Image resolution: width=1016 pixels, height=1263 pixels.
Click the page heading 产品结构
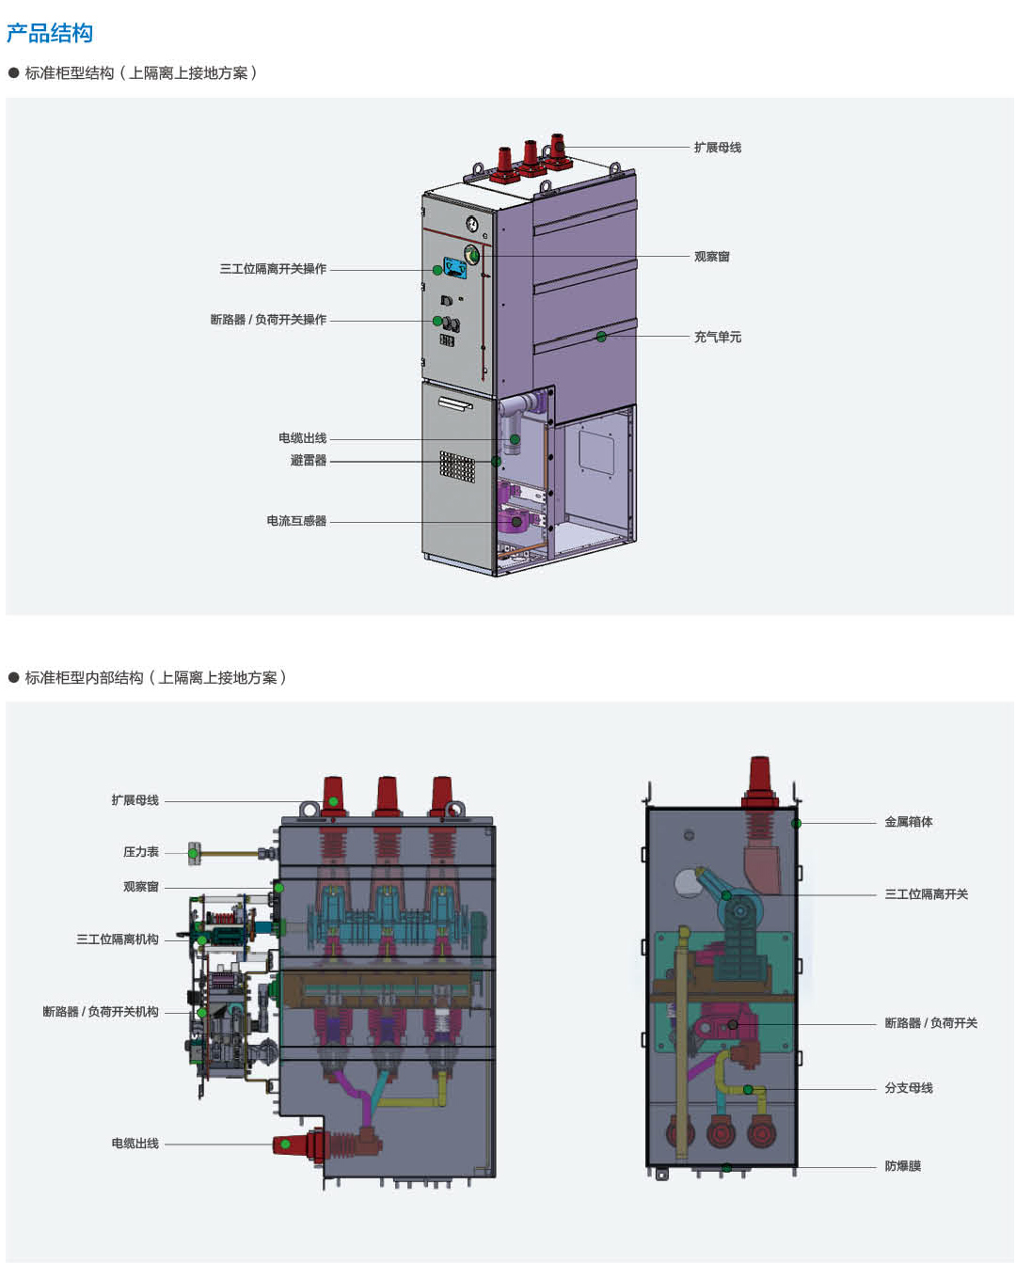[x=50, y=34]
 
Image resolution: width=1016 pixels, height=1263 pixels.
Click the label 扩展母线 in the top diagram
[x=717, y=148]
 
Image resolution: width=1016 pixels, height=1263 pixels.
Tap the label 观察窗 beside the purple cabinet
[x=711, y=257]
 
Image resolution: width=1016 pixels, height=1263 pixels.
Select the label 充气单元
[x=717, y=337]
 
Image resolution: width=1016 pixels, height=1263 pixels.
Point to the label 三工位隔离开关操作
[x=273, y=269]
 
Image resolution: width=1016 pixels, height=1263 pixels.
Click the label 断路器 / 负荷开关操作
[x=268, y=320]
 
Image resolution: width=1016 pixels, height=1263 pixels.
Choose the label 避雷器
[x=309, y=461]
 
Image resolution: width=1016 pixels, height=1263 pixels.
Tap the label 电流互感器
[x=296, y=521]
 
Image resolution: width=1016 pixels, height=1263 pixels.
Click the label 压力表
[x=141, y=852]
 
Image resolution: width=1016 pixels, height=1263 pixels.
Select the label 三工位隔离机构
[x=118, y=939]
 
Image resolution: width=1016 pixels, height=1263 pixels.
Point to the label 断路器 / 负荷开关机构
[x=101, y=1012]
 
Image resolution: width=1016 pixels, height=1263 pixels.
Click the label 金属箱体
[x=908, y=822]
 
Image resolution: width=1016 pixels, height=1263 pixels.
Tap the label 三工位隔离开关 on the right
[x=926, y=894]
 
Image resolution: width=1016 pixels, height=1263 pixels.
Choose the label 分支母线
[x=908, y=1088]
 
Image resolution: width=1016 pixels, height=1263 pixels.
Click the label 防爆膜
[x=902, y=1166]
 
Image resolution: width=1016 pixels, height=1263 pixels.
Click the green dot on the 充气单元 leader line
[x=601, y=337]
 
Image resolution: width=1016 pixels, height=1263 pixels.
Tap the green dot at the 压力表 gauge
[x=193, y=854]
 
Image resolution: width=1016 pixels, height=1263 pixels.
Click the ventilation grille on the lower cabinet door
[x=457, y=466]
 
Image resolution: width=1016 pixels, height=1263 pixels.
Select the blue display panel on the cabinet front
[x=455, y=268]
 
